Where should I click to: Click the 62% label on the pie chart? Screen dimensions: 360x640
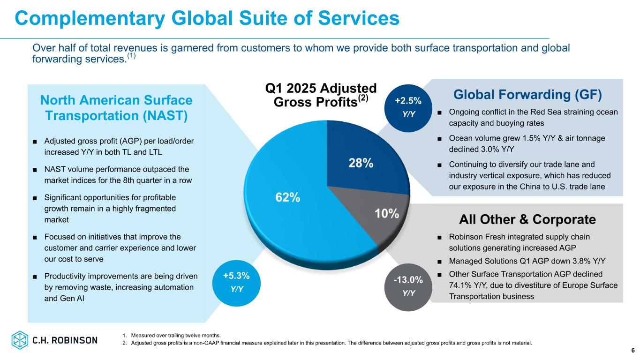(x=287, y=197)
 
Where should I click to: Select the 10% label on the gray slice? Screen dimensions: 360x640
(x=387, y=214)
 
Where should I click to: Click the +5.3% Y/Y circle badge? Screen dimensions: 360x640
(x=237, y=281)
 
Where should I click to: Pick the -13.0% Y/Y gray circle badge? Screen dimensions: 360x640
(x=408, y=286)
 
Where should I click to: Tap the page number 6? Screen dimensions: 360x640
(x=632, y=351)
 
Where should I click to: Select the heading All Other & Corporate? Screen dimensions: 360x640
(x=527, y=219)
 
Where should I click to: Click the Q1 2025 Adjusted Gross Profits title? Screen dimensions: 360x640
(x=321, y=95)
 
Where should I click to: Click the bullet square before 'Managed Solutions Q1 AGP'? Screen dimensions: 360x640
(x=439, y=261)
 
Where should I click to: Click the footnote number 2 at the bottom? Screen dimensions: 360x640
(x=124, y=343)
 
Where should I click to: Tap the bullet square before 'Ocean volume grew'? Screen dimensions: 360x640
(x=439, y=139)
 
